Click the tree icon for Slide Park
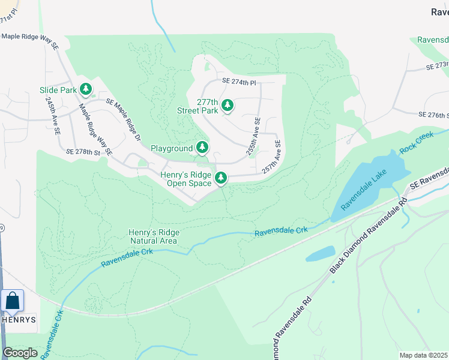pyautogui.click(x=86, y=90)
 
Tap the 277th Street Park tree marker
pyautogui.click(x=227, y=106)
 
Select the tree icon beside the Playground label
pyautogui.click(x=202, y=148)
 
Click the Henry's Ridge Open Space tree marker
pyautogui.click(x=221, y=178)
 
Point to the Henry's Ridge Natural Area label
pyautogui.click(x=153, y=236)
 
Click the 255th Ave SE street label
pyautogui.click(x=253, y=136)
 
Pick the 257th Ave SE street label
pyautogui.click(x=272, y=157)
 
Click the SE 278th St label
pyautogui.click(x=83, y=154)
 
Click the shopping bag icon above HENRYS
pyautogui.click(x=12, y=301)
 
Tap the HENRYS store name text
pyautogui.click(x=19, y=320)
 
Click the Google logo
pyautogui.click(x=20, y=352)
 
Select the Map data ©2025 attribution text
pyautogui.click(x=423, y=355)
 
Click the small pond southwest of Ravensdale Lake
pyautogui.click(x=320, y=254)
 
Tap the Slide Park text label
pyautogui.click(x=58, y=90)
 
